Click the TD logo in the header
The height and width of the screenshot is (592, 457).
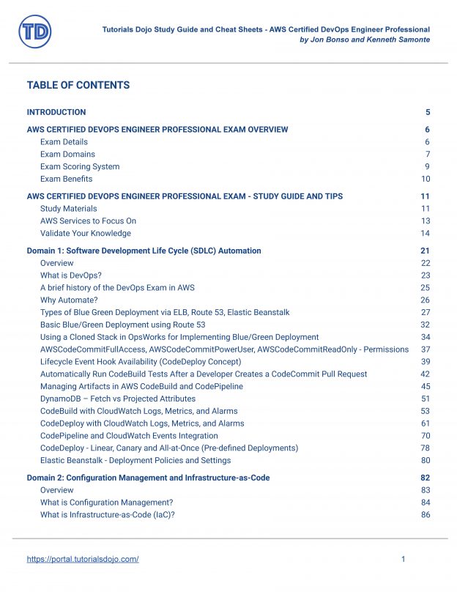(x=34, y=32)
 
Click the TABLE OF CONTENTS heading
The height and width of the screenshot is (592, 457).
(x=78, y=85)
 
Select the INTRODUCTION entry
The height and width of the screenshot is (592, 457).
(x=56, y=112)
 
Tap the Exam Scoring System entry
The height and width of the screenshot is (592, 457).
(x=80, y=166)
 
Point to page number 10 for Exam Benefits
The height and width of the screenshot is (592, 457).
(x=425, y=179)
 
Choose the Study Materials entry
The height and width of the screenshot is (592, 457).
(x=68, y=209)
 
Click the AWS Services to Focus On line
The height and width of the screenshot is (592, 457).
(x=88, y=221)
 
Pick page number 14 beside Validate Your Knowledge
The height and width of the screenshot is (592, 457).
(x=425, y=233)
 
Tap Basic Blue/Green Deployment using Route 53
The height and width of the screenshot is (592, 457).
(x=122, y=325)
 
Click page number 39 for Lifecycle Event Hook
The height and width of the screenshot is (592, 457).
(x=425, y=362)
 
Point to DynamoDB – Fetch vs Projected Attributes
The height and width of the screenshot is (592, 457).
(x=118, y=399)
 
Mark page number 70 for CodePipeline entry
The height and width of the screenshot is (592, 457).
(x=425, y=435)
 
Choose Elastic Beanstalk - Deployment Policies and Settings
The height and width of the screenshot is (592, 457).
(x=135, y=460)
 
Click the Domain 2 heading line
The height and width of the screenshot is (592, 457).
(x=148, y=478)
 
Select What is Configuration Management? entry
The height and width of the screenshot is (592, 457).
(x=108, y=503)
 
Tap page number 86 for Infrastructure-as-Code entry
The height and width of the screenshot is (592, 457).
(x=425, y=515)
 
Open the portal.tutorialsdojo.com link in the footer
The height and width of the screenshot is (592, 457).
(x=83, y=559)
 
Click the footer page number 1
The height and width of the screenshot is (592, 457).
(x=404, y=559)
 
